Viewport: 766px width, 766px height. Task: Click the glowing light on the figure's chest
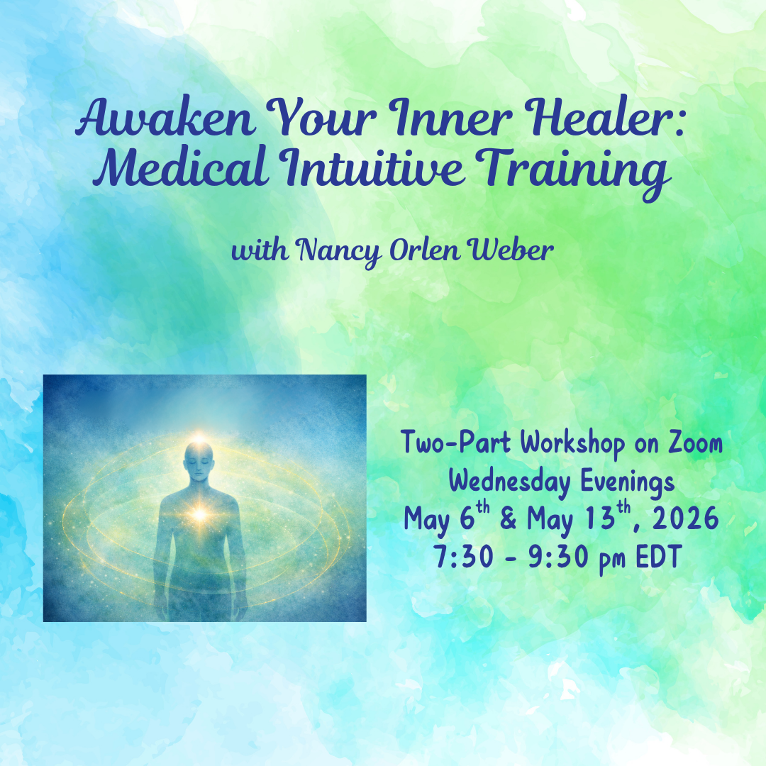[199, 513]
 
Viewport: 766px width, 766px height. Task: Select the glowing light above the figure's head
[201, 438]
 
